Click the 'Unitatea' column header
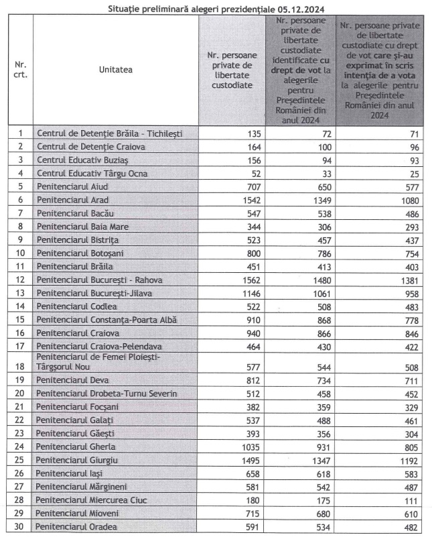click(115, 70)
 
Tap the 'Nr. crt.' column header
click(20, 70)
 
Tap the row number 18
click(20, 367)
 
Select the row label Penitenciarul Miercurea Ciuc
click(91, 499)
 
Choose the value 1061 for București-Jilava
click(320, 292)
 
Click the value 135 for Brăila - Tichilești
click(253, 133)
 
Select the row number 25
click(20, 459)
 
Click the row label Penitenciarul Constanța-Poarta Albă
click(106, 319)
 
